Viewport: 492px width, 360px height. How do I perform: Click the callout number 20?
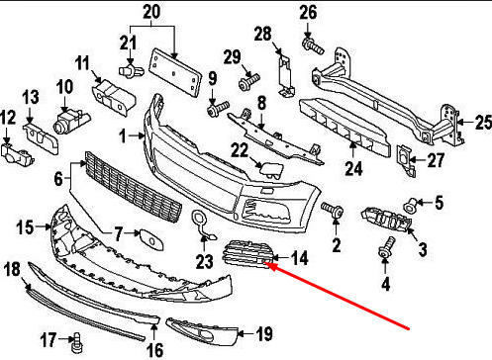coord(151,12)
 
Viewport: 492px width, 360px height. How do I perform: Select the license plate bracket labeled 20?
coord(175,72)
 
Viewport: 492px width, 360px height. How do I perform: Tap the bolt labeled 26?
coord(313,46)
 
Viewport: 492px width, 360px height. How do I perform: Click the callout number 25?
coord(483,123)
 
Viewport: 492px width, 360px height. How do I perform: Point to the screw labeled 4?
coord(386,248)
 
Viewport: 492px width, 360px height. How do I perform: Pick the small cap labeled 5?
coord(410,206)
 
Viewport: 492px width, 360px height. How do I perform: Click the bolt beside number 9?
coord(218,109)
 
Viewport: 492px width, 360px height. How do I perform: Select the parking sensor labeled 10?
coord(70,122)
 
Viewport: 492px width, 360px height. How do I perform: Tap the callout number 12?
coord(8,118)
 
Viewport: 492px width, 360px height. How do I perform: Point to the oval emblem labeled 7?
coord(151,238)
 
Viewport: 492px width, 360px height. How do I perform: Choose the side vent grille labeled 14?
coord(246,254)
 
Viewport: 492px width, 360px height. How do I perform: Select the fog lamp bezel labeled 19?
coord(202,330)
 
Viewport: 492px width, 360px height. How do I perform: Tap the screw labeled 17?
coord(77,343)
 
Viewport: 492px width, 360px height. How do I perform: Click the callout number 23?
coord(205,261)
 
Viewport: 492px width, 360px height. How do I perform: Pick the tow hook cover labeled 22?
coord(271,169)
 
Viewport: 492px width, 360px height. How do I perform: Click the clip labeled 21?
coord(131,69)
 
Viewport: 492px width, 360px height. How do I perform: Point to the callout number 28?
coord(263,34)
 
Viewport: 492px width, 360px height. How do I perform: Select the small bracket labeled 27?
coord(406,160)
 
